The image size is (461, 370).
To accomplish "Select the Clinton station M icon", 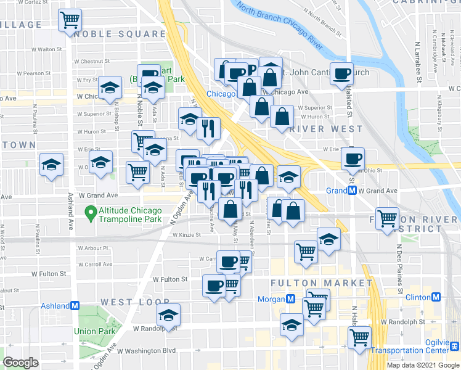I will coord(436,297).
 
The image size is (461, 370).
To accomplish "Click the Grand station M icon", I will coord(352,191).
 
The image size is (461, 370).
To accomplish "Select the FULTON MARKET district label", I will coord(322,282).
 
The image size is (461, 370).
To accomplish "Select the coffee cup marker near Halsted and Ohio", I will coord(353,158).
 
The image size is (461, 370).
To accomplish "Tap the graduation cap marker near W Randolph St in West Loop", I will coord(167,315).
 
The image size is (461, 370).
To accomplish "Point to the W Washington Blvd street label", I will coord(147,351).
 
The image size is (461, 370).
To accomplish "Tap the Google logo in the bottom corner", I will coord(21,363).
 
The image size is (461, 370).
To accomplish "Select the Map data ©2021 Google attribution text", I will coord(423,365).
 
